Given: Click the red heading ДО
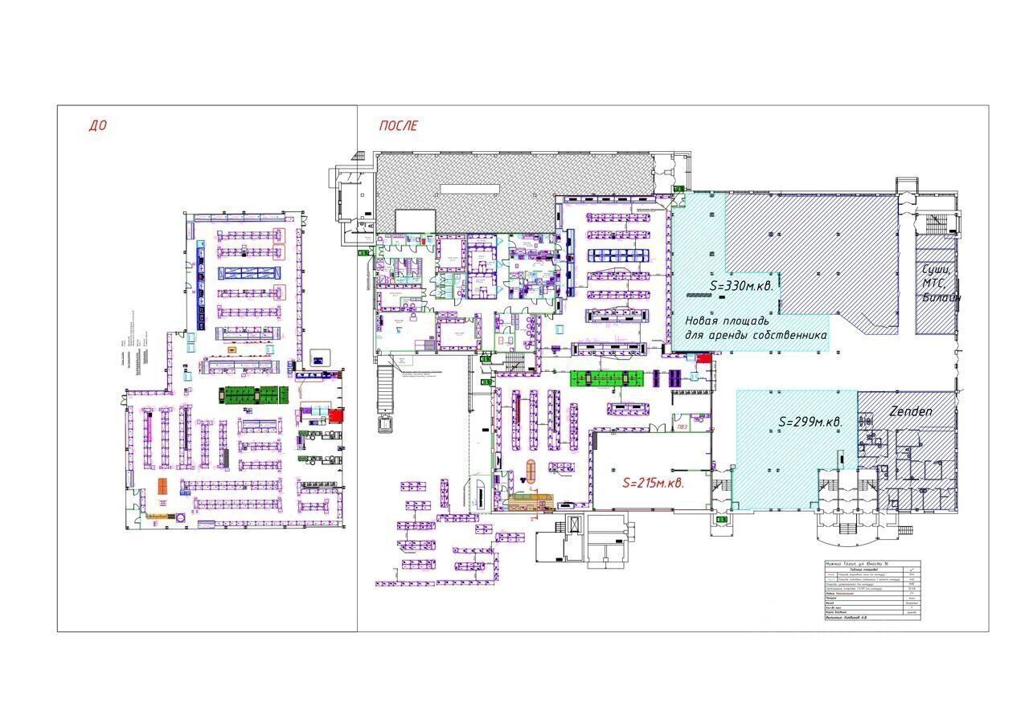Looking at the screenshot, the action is click(97, 125).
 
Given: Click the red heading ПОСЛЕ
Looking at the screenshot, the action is click(398, 125).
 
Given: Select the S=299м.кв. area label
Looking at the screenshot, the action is click(810, 423).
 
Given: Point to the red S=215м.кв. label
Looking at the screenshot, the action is click(654, 484).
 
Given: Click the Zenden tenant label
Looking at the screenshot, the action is click(911, 411).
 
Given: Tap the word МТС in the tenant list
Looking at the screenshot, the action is click(935, 284).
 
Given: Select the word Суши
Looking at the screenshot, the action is click(937, 269).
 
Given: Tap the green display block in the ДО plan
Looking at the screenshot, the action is click(254, 394).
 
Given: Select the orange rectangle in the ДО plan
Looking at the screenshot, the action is click(162, 486).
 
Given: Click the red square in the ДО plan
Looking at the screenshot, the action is click(335, 415).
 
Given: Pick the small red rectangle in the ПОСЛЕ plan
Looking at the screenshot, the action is click(703, 358).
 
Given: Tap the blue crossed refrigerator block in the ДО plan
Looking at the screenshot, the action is click(247, 272).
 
